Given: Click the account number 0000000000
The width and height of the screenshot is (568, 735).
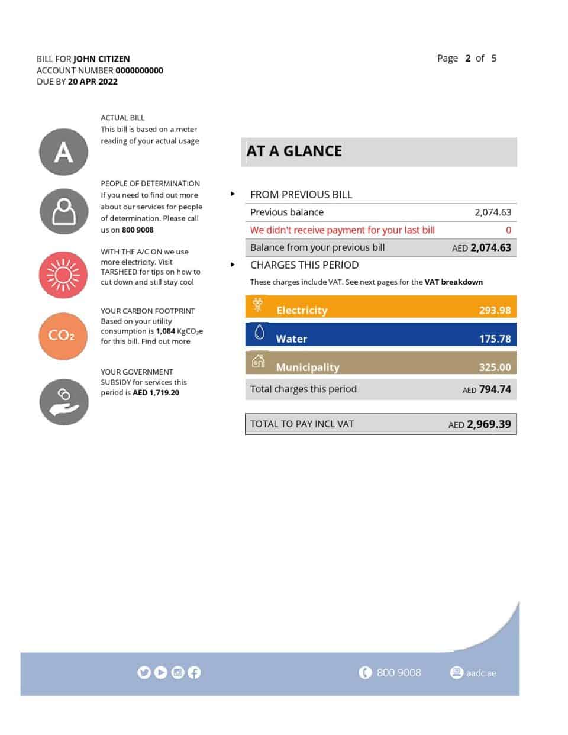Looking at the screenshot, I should point(139,70).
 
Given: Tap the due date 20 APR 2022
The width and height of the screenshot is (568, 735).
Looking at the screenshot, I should point(93,82).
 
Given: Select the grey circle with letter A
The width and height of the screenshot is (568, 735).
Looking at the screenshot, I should point(64,152).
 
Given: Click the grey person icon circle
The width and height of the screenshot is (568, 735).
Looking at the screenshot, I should point(64,211).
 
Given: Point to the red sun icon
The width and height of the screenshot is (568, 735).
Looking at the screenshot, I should point(63,275).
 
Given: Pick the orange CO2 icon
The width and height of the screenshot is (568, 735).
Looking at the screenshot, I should point(63,336).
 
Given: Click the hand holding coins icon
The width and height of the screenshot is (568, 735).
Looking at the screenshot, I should point(64,401).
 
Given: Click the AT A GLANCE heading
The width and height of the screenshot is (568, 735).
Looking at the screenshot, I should point(294,151).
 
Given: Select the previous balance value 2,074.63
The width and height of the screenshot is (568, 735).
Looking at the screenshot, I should point(492,212).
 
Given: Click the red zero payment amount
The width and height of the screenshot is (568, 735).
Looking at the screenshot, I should point(508,230).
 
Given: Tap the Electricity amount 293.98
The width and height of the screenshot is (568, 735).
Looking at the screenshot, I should point(495,310).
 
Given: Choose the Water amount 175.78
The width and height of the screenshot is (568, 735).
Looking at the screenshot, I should point(495,339).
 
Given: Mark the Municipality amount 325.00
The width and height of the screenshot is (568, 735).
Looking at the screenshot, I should point(495,367).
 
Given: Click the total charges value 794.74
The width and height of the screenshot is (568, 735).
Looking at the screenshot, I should point(495,389).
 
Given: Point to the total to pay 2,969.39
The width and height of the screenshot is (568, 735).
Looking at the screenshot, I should point(488,424).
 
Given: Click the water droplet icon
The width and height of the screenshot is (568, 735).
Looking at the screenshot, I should point(259,333).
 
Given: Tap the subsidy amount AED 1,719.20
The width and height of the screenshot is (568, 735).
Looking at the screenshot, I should point(156,392).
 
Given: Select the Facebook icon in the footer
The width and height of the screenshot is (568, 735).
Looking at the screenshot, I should point(194,672).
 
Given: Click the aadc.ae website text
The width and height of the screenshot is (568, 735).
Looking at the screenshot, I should point(480,673).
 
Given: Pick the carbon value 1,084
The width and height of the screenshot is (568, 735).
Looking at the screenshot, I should point(166,331).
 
